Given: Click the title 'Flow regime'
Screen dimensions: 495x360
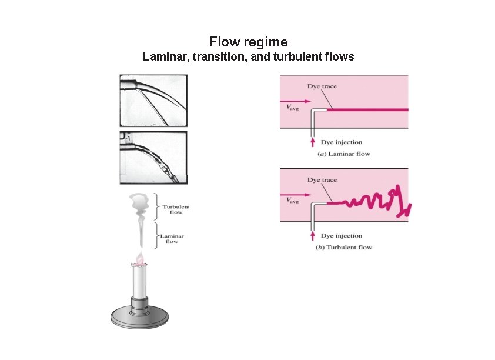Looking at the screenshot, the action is click(248, 42).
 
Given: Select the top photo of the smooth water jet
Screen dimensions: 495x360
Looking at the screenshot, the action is click(153, 100).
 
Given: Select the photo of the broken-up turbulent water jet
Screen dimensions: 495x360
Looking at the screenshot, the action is click(153, 157).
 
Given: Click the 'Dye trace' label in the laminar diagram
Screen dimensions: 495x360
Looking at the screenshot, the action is click(322, 87).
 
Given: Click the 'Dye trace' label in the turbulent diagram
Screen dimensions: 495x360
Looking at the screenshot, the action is click(322, 180).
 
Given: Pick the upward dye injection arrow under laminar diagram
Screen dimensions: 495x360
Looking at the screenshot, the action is click(312, 142).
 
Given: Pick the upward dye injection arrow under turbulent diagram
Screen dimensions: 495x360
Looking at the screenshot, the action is click(312, 235).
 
